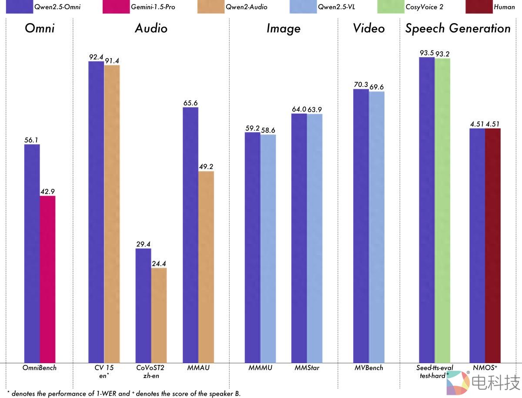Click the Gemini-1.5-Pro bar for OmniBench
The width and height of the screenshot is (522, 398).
click(47, 279)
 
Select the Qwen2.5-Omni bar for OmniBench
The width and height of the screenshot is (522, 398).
click(32, 253)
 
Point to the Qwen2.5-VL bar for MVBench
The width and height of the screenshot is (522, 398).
click(377, 227)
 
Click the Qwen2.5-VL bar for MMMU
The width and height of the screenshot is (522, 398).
click(268, 248)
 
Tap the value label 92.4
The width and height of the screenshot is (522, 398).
click(96, 57)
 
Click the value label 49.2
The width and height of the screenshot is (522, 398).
click(206, 167)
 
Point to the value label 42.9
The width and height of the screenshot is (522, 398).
click(47, 192)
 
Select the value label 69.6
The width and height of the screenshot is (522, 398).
click(377, 87)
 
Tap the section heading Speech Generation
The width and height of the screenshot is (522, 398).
click(458, 29)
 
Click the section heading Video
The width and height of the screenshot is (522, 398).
click(369, 29)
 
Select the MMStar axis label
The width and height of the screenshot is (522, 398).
click(307, 368)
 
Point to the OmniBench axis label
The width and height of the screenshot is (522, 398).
click(40, 368)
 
